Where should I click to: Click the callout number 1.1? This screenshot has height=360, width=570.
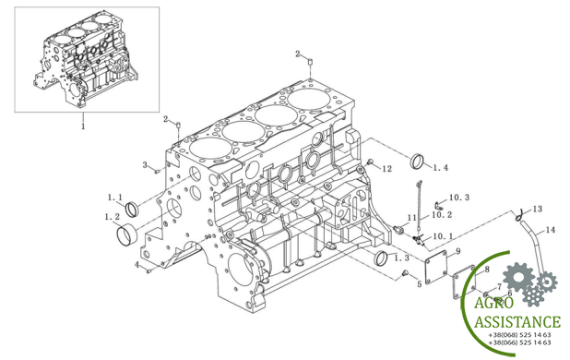115,198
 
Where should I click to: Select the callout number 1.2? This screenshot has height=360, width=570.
112,217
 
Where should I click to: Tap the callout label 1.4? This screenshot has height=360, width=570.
441,168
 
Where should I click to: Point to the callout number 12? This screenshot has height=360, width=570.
386,168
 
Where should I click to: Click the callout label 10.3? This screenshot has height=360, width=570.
459,198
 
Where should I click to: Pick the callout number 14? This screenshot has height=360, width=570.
550,230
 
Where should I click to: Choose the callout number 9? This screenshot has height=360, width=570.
458,250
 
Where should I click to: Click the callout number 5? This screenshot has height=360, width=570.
419,284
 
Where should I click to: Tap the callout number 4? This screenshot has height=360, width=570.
137,265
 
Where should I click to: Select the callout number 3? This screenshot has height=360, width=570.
145,164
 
